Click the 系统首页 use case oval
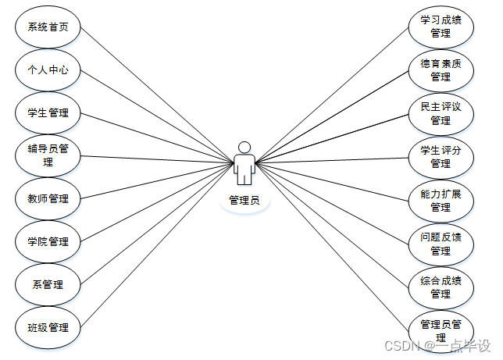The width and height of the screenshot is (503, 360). pos(48,27)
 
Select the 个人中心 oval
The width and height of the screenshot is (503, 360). pos(48,70)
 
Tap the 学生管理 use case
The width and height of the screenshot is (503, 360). pos(48,112)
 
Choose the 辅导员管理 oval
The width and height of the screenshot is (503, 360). pos(48,155)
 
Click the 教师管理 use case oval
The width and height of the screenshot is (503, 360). pos(48,198)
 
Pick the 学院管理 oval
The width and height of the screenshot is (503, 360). pos(48,241)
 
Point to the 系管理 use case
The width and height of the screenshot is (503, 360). pos(48,284)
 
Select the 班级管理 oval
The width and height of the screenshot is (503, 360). pos(48,327)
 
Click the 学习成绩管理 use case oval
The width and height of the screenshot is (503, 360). pos(441,27)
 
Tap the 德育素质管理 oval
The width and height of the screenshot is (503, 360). pos(441,70)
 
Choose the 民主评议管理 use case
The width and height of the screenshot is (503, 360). pos(441,113)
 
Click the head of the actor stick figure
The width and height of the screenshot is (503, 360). pos(244,147)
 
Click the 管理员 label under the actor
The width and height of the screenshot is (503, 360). pos(244,201)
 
